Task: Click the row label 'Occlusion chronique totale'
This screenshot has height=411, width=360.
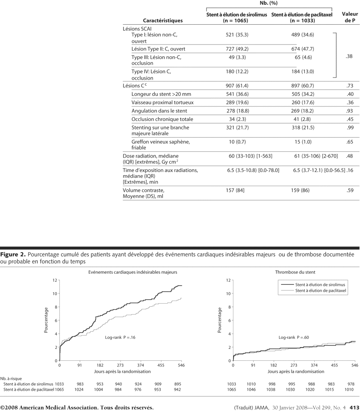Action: pos(162,119)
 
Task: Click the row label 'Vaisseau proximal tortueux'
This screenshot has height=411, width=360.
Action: pos(162,103)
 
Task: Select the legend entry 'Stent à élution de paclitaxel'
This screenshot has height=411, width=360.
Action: pos(321,291)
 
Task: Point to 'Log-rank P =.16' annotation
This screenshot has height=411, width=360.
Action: pos(120,338)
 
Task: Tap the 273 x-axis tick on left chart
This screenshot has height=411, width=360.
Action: pos(120,365)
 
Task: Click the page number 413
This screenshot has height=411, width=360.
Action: pos(354,407)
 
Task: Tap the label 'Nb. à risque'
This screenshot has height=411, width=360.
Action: pos(11,378)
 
